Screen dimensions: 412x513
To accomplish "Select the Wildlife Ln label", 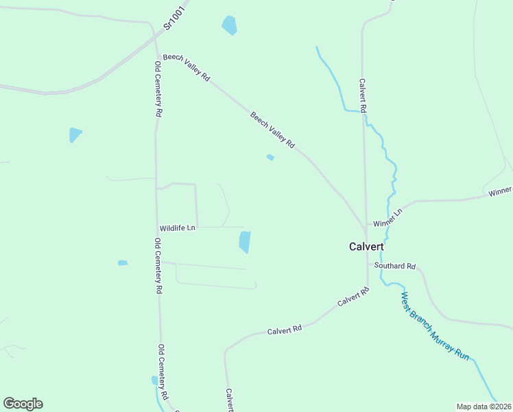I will [178, 227].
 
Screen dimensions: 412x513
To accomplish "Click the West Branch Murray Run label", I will [435, 326].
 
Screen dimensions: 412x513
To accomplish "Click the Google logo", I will [23, 404].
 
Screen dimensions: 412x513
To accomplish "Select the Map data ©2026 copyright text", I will [484, 407].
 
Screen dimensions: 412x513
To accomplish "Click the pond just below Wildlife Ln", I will [244, 242].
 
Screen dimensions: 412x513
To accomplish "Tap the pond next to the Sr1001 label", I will [229, 25].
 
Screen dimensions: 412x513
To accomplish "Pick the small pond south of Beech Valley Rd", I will [270, 157].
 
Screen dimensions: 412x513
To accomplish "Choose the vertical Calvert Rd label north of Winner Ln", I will [363, 95].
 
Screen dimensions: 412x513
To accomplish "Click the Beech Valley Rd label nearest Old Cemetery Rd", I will [187, 67].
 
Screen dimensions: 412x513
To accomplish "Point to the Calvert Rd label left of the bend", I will [285, 330].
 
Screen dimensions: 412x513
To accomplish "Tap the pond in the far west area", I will [75, 135].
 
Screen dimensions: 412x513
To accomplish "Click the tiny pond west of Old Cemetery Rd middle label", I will [123, 262].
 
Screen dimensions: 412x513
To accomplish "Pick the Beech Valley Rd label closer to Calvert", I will [272, 130].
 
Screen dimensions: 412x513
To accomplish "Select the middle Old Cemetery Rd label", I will [158, 266].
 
